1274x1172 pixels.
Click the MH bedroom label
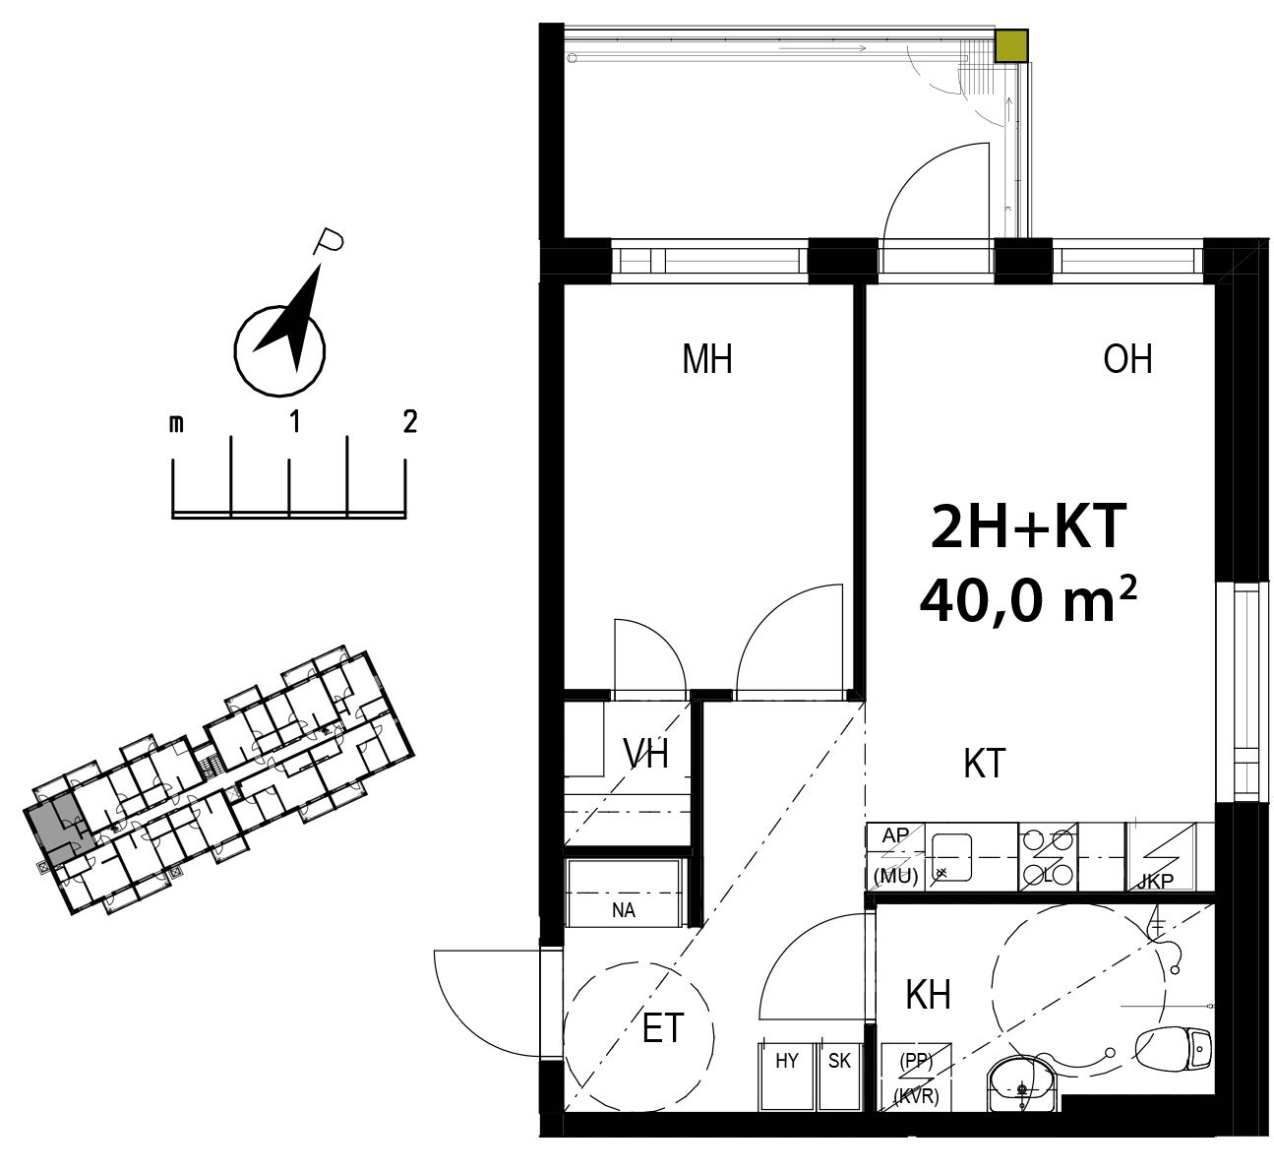(x=707, y=359)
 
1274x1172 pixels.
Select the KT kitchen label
(x=985, y=764)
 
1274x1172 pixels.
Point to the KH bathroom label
(x=928, y=995)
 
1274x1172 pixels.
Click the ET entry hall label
(x=662, y=1028)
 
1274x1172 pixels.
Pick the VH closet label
(x=645, y=754)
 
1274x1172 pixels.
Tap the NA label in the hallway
(x=623, y=911)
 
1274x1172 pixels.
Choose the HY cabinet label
(x=787, y=1061)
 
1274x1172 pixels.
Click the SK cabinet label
(x=839, y=1061)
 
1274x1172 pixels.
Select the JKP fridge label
(x=1155, y=882)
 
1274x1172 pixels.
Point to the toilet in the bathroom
(x=1173, y=1049)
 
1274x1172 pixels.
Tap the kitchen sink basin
(x=951, y=857)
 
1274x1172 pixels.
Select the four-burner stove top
(x=1047, y=857)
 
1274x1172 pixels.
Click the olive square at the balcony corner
(x=1011, y=46)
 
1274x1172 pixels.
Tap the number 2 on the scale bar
(x=410, y=422)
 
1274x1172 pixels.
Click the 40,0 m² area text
(x=1028, y=600)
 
